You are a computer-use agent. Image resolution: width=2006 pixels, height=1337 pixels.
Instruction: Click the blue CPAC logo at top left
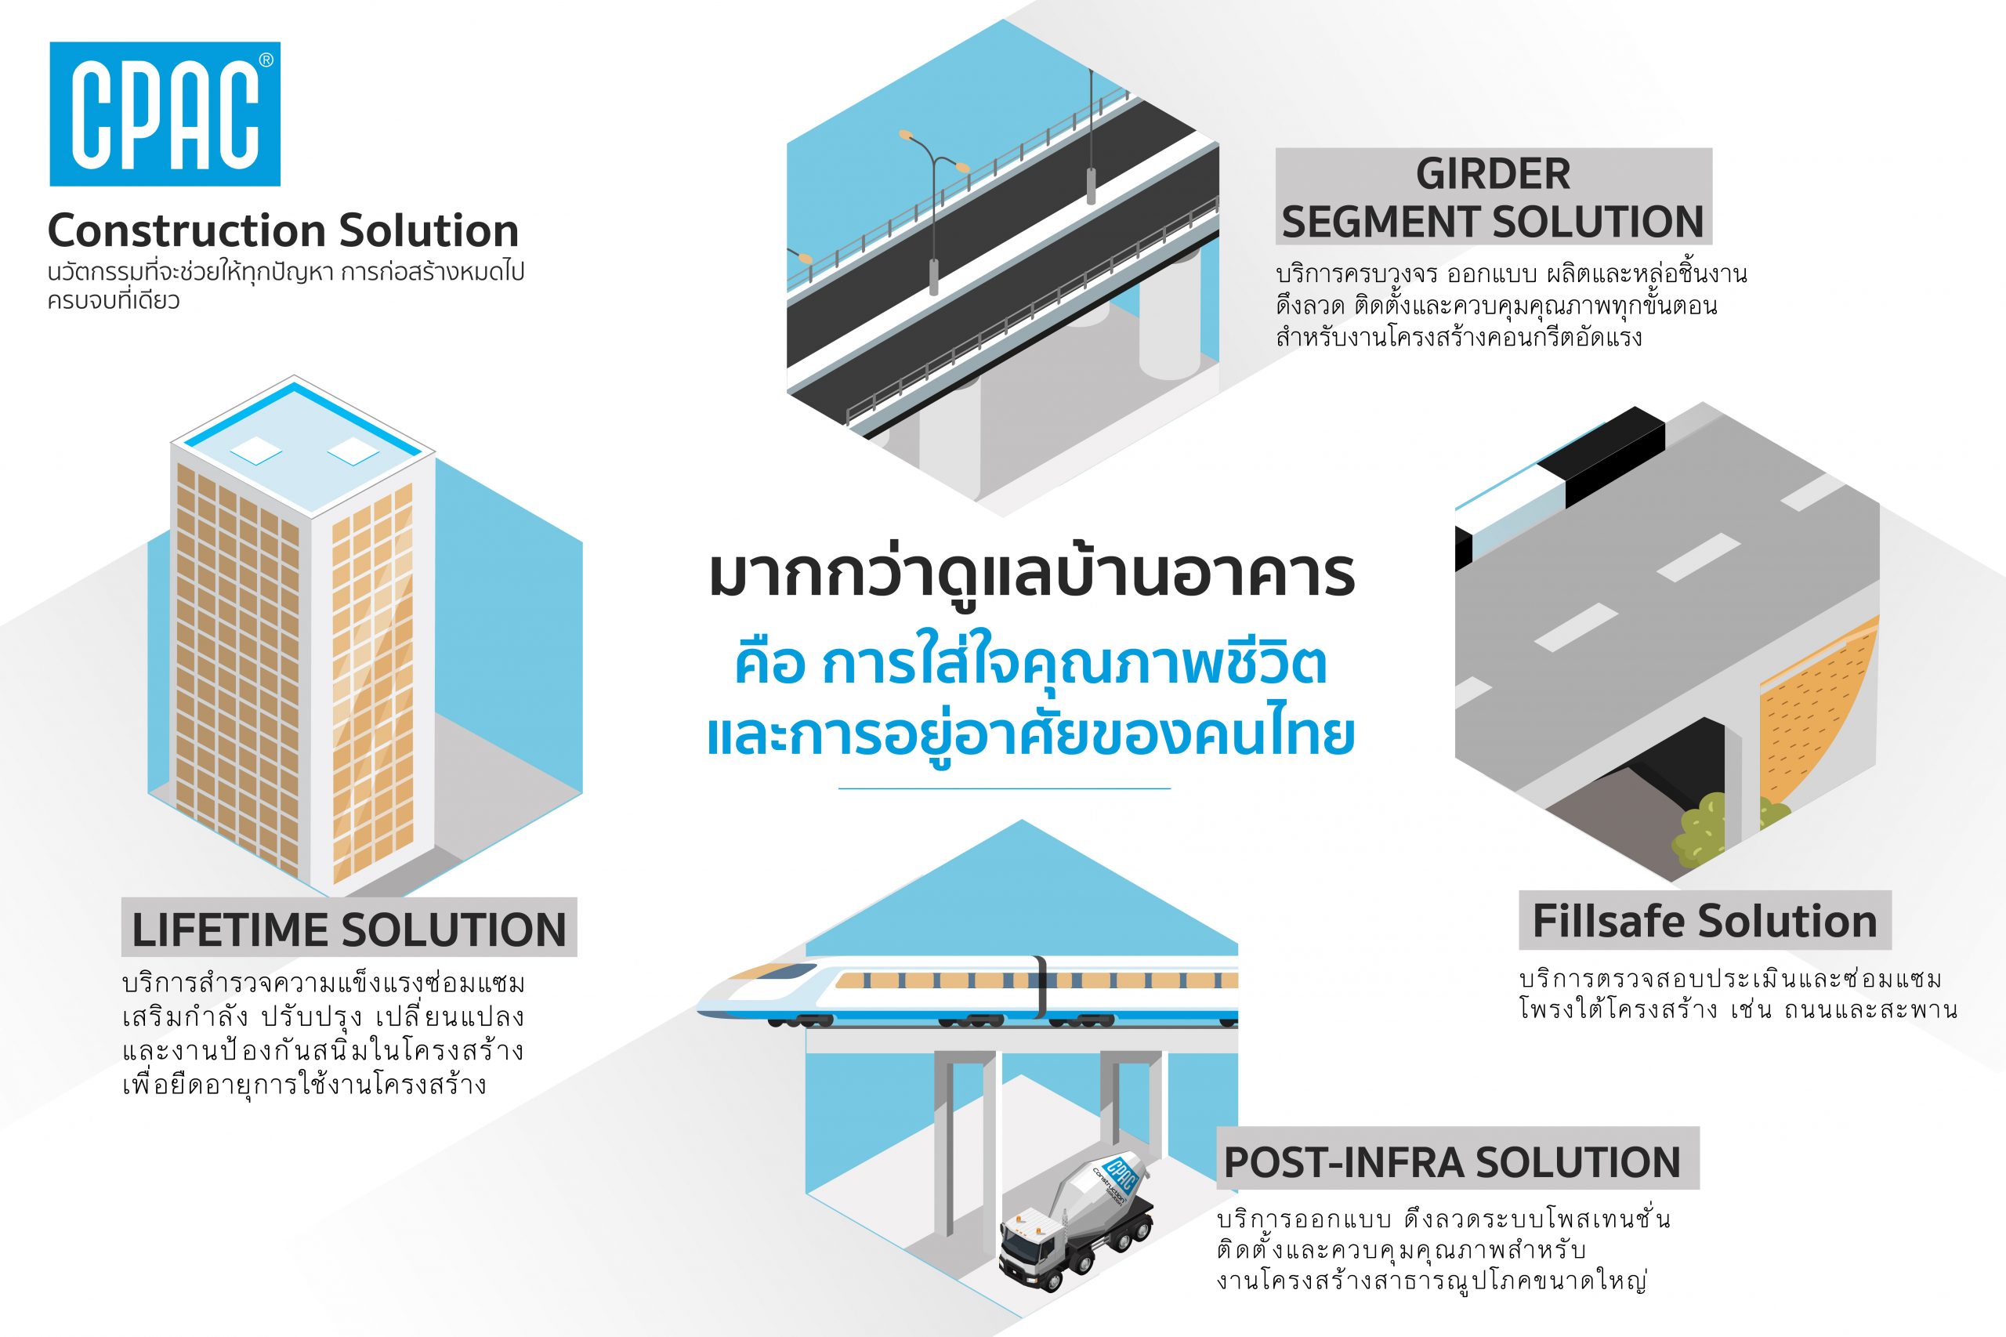point(165,114)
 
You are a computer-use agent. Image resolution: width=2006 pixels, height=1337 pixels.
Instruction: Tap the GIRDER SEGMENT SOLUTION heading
point(1492,197)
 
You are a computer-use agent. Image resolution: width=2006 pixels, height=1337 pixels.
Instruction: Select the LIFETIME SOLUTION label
point(349,928)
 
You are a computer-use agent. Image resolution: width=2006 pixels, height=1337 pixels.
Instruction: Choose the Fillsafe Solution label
point(1705,921)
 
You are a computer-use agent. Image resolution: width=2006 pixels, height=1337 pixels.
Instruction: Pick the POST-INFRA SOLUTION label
point(1457,1161)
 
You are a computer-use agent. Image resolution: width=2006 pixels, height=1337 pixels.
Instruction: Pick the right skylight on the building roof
point(353,451)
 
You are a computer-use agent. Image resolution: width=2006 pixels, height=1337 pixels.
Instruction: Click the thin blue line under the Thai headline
point(1005,788)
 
